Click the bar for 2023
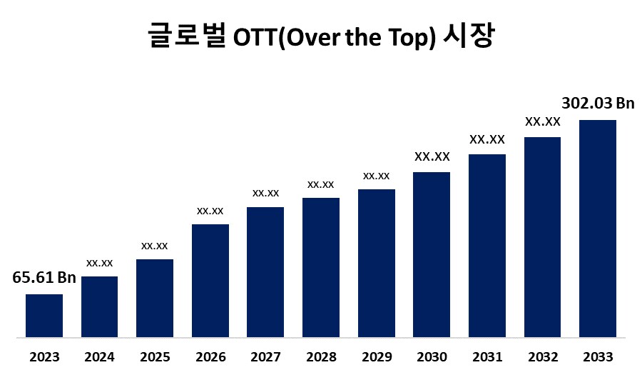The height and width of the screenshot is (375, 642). coord(44,315)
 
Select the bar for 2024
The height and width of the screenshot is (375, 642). coord(99,306)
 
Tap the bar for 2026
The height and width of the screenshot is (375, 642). coord(210,280)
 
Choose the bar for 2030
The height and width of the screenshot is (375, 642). coord(432,254)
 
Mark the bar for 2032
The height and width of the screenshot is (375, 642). coord(542,236)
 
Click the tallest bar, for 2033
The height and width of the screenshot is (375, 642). coord(598,228)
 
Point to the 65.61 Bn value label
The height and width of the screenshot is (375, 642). coord(45,278)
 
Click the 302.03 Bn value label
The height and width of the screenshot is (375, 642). coord(598,103)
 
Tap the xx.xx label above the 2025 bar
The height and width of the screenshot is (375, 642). coord(155,246)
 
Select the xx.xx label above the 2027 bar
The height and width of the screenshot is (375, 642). coord(265,193)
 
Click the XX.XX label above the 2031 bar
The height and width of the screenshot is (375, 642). coord(487,139)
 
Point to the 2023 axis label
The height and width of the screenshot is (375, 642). coord(44,356)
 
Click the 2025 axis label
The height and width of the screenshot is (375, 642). coord(155,356)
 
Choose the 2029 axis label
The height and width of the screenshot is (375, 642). coord(377,356)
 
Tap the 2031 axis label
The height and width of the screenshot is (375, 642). coord(487,356)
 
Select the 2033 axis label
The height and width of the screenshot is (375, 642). coord(598,356)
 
